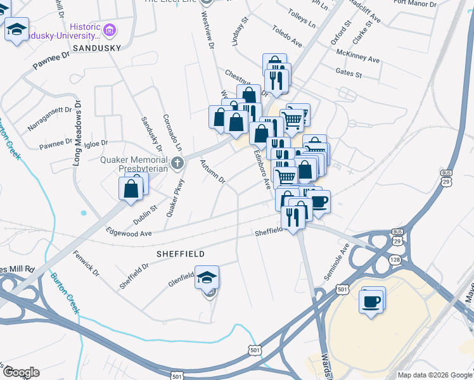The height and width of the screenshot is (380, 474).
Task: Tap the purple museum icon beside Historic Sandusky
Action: [110, 30]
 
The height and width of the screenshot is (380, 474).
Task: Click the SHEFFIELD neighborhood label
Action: [181, 253]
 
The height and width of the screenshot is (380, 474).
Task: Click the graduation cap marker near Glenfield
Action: [207, 277]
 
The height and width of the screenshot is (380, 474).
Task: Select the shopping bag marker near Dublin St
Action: [131, 188]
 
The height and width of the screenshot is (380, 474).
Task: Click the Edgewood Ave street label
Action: [129, 233]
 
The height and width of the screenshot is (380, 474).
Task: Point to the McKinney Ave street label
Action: [358, 56]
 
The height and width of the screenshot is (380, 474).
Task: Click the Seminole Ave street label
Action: [343, 256]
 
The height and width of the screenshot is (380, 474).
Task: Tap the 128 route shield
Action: [395, 260]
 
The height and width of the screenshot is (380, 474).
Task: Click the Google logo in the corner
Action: [20, 372]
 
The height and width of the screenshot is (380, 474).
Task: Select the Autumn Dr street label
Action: [213, 171]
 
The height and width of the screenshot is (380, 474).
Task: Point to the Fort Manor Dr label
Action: [415, 4]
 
